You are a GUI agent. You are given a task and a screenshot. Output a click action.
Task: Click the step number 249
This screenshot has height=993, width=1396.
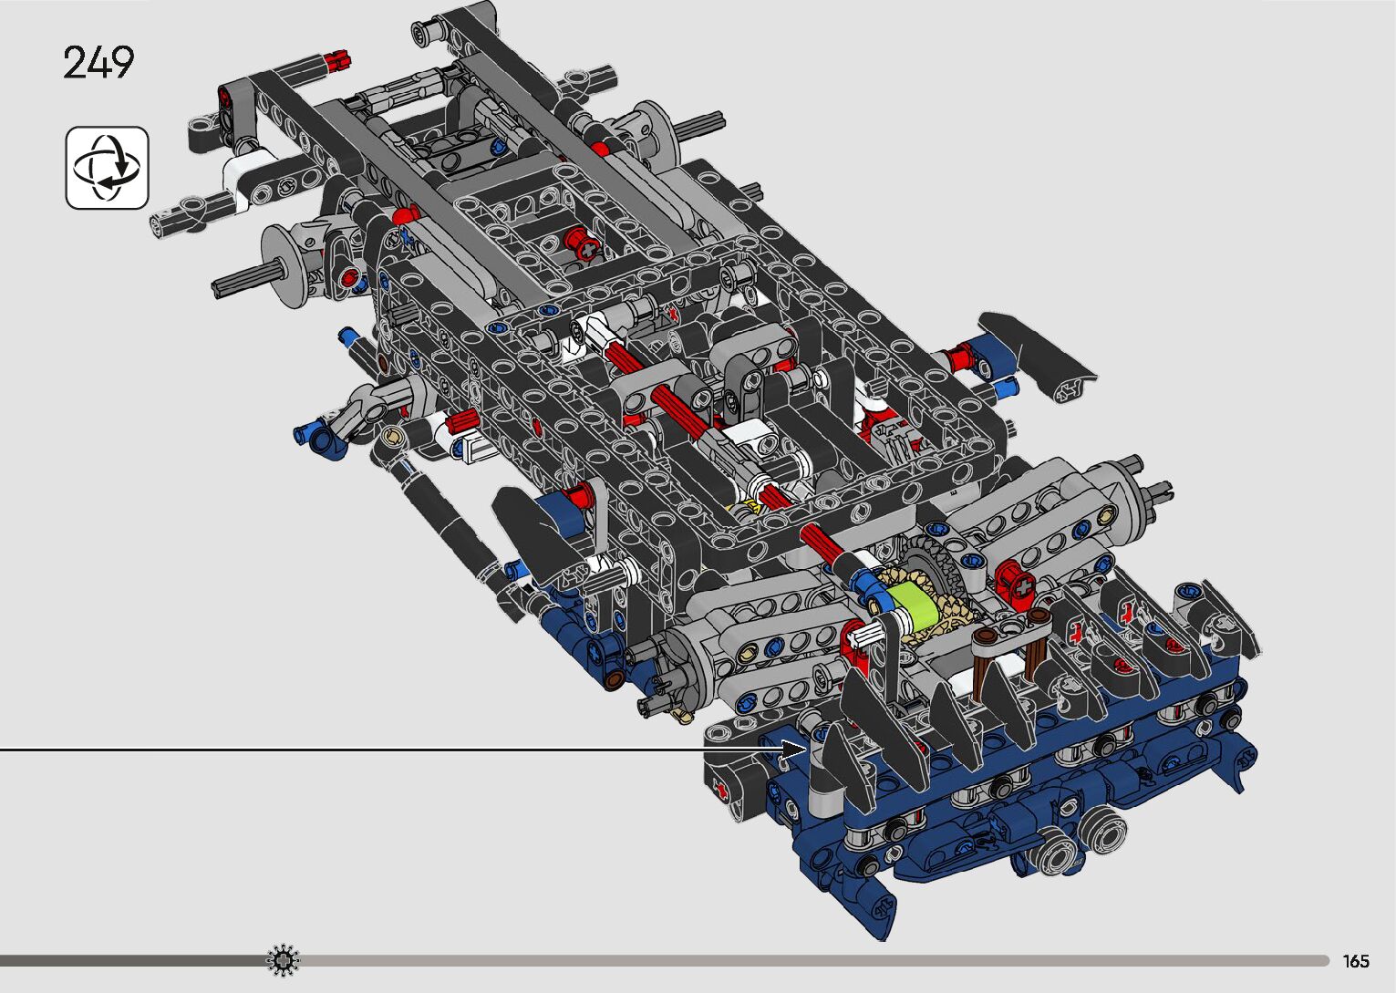(98, 62)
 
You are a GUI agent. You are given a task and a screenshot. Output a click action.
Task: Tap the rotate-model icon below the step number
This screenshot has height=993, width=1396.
(108, 167)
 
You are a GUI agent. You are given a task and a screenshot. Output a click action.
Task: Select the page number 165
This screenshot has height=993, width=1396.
(1356, 960)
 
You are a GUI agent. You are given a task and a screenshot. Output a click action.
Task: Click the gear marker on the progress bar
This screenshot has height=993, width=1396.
(283, 960)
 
